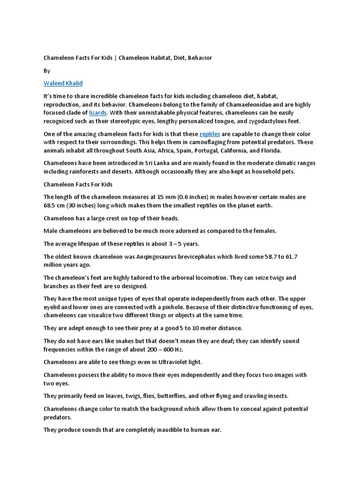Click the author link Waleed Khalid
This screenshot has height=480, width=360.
click(63, 83)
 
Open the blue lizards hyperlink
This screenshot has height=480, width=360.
click(98, 112)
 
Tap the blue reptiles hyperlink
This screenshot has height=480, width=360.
click(210, 134)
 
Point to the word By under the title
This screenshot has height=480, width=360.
click(46, 71)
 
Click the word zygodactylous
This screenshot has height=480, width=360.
click(260, 121)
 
